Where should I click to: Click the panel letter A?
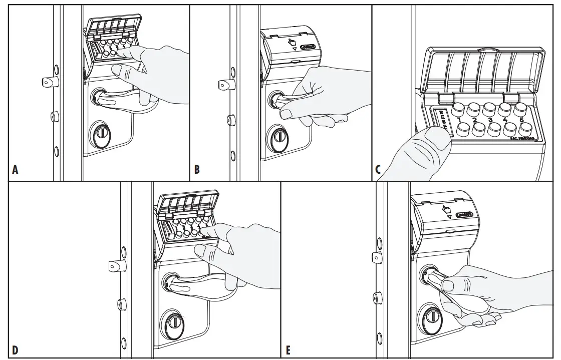pyautogui.click(x=15, y=170)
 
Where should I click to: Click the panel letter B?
pyautogui.click(x=197, y=170)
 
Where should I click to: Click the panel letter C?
pyautogui.click(x=379, y=170)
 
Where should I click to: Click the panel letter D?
pyautogui.click(x=15, y=349)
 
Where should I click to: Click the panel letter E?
pyautogui.click(x=288, y=349)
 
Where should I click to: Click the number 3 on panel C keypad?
pyautogui.click(x=491, y=120)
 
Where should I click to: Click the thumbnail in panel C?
pyautogui.click(x=435, y=138)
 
